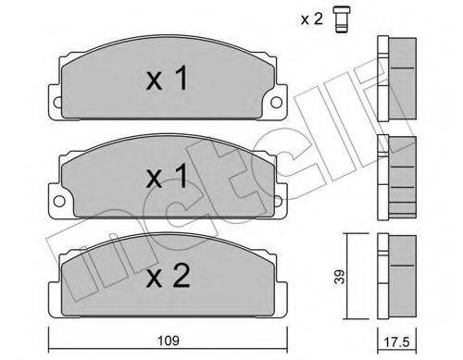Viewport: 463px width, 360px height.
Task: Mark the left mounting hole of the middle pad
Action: click(57, 197)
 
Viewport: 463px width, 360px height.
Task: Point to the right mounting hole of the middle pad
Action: click(274, 197)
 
